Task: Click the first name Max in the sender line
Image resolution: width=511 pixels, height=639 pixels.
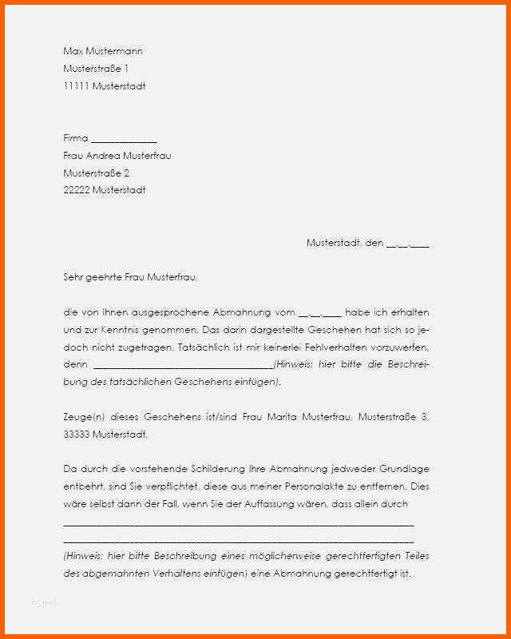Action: coord(73,51)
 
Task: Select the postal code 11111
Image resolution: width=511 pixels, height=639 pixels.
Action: coord(77,86)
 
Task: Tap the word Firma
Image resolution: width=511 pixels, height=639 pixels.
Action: coord(76,138)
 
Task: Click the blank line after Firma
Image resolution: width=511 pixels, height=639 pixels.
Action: coord(124,140)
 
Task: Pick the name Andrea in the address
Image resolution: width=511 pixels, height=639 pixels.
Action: coord(105,156)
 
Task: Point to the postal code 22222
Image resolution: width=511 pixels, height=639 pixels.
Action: coord(77,191)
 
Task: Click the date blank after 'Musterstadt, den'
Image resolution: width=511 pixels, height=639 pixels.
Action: coord(407,244)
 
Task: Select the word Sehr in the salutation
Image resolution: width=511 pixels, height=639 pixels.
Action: coord(73,278)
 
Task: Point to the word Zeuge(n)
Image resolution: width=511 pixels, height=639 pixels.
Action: coord(82,417)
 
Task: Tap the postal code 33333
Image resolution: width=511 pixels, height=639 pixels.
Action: coord(77,435)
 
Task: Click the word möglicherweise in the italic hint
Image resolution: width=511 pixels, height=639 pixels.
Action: coord(243,556)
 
